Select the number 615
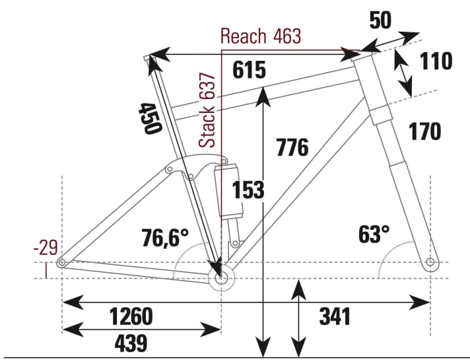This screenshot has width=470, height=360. (x=249, y=69)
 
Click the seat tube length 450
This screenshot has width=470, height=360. (x=149, y=118)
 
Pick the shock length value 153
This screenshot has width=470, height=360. (x=248, y=190)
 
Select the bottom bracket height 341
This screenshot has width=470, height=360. (x=335, y=316)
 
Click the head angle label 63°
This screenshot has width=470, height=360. (x=374, y=234)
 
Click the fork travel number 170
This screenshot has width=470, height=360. (x=424, y=131)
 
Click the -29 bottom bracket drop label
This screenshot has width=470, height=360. (x=45, y=248)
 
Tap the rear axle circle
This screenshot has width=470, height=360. (x=62, y=263)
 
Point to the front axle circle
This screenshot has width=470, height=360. (x=430, y=263)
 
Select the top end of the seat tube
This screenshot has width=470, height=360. (x=147, y=59)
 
